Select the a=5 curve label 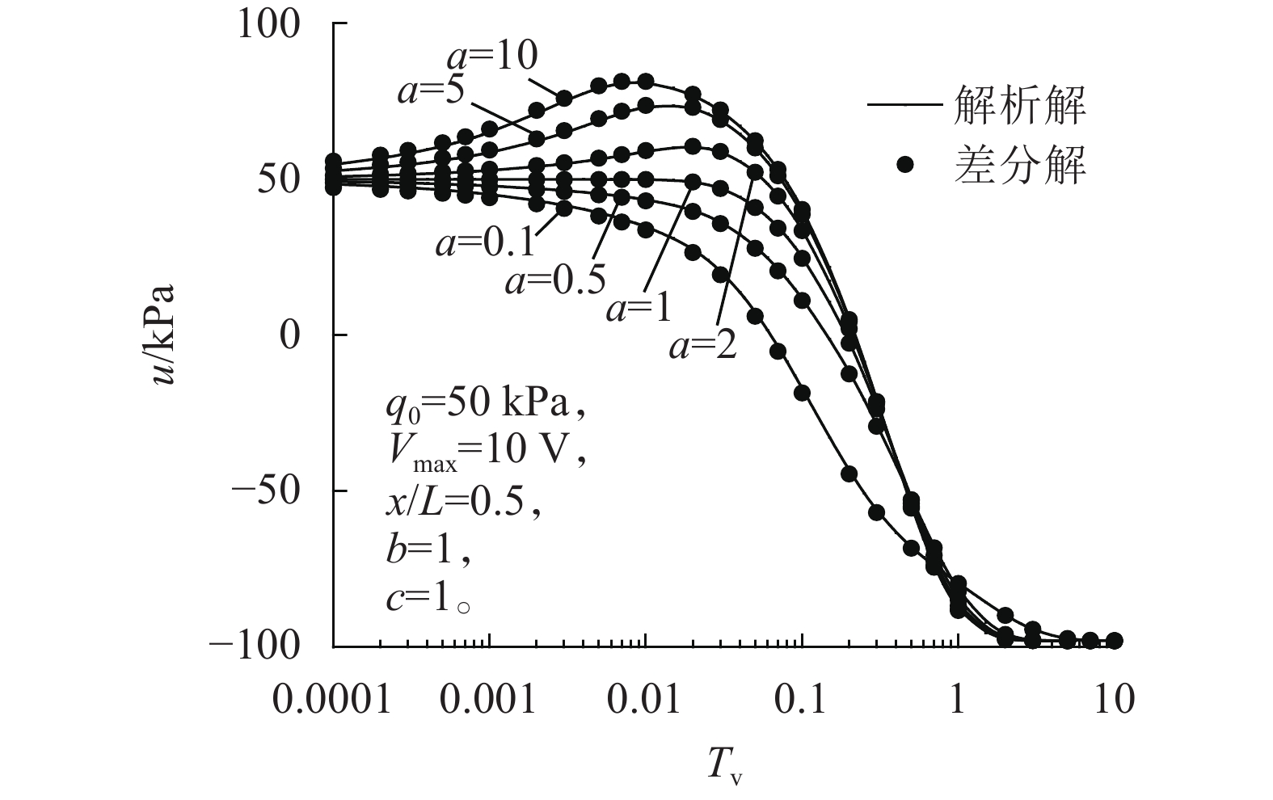click(x=431, y=91)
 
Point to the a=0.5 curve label click(x=555, y=280)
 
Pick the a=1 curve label click(x=639, y=309)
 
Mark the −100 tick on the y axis click(x=255, y=645)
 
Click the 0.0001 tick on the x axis click(x=332, y=699)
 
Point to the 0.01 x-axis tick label click(x=645, y=699)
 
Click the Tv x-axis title click(x=726, y=764)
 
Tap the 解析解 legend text click(x=1020, y=105)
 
